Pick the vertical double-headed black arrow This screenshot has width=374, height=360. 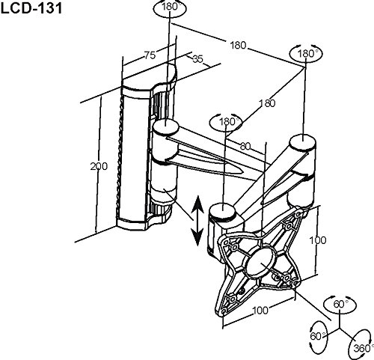(x=197, y=219)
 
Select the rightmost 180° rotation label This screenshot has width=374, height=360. (x=305, y=55)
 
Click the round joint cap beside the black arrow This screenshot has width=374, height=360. (x=223, y=210)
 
